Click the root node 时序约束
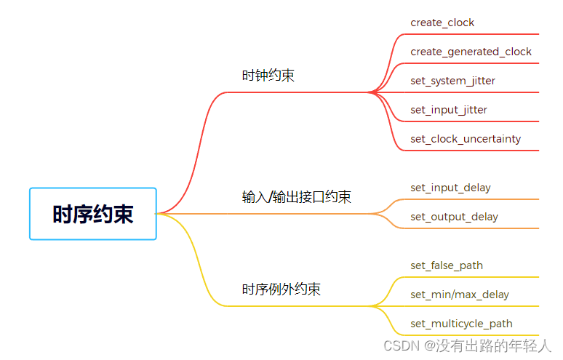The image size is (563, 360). (93, 214)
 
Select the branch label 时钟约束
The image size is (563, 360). (268, 76)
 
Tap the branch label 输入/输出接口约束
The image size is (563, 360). (296, 197)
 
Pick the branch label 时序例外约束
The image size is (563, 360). (281, 289)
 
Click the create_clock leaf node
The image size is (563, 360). (442, 23)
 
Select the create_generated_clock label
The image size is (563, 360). (471, 52)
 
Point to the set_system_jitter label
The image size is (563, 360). (452, 81)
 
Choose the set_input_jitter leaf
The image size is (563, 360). (449, 110)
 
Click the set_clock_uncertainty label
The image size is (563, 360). (466, 139)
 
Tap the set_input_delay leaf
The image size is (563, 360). (450, 188)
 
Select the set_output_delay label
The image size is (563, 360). (454, 217)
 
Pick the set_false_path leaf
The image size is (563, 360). (447, 265)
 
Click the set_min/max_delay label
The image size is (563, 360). (460, 295)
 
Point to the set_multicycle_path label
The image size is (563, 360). (461, 324)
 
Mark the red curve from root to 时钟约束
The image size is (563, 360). (196, 145)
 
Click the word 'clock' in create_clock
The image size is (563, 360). (461, 23)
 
